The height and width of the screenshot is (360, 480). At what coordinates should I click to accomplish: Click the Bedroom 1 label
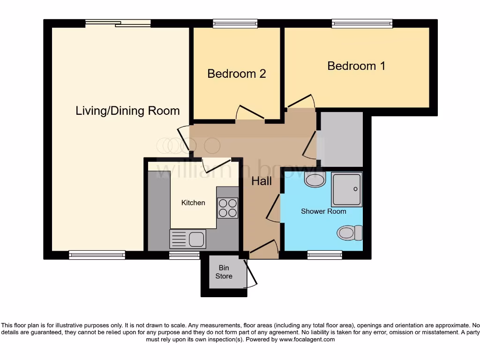tap(356, 66)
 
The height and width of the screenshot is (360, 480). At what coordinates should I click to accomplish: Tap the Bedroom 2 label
tap(237, 74)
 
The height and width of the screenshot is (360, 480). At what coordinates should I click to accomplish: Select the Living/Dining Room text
tap(127, 111)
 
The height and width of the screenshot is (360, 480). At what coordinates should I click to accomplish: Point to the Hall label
tap(262, 181)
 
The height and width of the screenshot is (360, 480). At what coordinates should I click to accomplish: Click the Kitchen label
tap(193, 203)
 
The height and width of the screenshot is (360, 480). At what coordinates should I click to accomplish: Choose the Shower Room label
tap(323, 211)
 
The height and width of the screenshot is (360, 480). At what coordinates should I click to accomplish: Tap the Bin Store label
tap(224, 272)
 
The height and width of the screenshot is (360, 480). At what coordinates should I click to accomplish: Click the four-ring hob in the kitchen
tap(228, 208)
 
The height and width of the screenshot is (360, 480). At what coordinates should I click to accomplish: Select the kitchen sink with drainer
tap(187, 239)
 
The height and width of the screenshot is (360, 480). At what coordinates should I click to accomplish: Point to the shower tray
tap(347, 189)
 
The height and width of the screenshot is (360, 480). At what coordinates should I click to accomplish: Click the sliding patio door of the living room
tap(118, 23)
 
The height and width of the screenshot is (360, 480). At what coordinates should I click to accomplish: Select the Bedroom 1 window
tap(362, 23)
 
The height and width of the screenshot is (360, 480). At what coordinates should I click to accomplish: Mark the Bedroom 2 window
tap(235, 23)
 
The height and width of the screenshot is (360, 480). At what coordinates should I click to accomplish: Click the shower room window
tap(324, 255)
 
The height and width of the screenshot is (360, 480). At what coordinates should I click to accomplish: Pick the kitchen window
tap(184, 255)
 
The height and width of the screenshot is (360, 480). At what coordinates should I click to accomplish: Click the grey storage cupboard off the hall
tap(341, 139)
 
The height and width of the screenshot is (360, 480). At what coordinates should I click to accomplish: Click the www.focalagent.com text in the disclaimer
tap(307, 339)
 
